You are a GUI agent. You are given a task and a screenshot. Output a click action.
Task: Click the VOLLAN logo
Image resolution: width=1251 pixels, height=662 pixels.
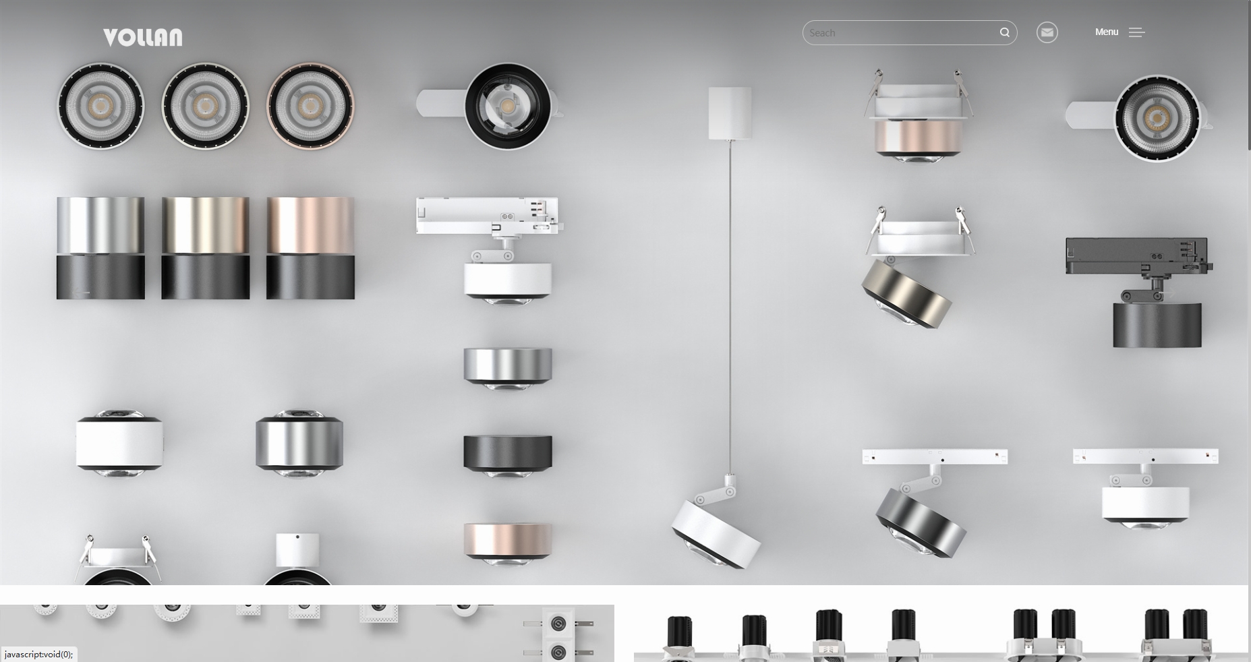(x=142, y=37)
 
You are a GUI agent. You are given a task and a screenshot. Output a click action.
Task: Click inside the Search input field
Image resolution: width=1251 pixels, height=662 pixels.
(x=900, y=32)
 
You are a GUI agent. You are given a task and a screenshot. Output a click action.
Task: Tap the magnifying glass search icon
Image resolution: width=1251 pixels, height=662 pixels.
(x=1004, y=32)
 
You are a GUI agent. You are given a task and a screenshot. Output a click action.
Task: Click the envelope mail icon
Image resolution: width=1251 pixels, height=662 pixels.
(x=1047, y=32)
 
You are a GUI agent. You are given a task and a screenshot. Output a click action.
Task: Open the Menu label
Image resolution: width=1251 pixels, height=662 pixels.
(x=1106, y=32)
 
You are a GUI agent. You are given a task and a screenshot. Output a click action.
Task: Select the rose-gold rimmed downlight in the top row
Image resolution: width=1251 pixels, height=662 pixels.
(x=310, y=106)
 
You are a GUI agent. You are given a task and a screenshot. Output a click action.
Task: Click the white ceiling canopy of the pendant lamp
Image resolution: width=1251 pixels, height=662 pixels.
(x=730, y=113)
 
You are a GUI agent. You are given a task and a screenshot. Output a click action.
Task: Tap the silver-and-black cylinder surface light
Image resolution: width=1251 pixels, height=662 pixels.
(x=100, y=247)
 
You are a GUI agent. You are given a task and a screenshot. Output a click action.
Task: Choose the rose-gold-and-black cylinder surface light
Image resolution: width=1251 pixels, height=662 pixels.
(x=310, y=247)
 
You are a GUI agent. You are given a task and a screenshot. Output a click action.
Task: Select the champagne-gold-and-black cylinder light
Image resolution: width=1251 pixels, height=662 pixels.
(x=205, y=247)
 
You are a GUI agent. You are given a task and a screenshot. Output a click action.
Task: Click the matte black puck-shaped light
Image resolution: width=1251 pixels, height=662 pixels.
(x=508, y=455)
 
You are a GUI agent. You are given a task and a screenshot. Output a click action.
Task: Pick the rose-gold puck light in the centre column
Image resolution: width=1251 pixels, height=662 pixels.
(x=508, y=543)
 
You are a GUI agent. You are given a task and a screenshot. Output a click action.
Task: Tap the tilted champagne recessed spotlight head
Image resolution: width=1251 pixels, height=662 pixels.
(x=907, y=293)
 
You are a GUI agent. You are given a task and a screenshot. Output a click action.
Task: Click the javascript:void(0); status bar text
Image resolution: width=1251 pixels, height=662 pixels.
(x=38, y=655)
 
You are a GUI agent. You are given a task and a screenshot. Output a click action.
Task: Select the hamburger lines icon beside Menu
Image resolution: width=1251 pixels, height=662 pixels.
(x=1136, y=32)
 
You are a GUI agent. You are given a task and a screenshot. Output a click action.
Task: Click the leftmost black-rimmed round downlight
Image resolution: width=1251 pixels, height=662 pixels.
(x=100, y=106)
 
